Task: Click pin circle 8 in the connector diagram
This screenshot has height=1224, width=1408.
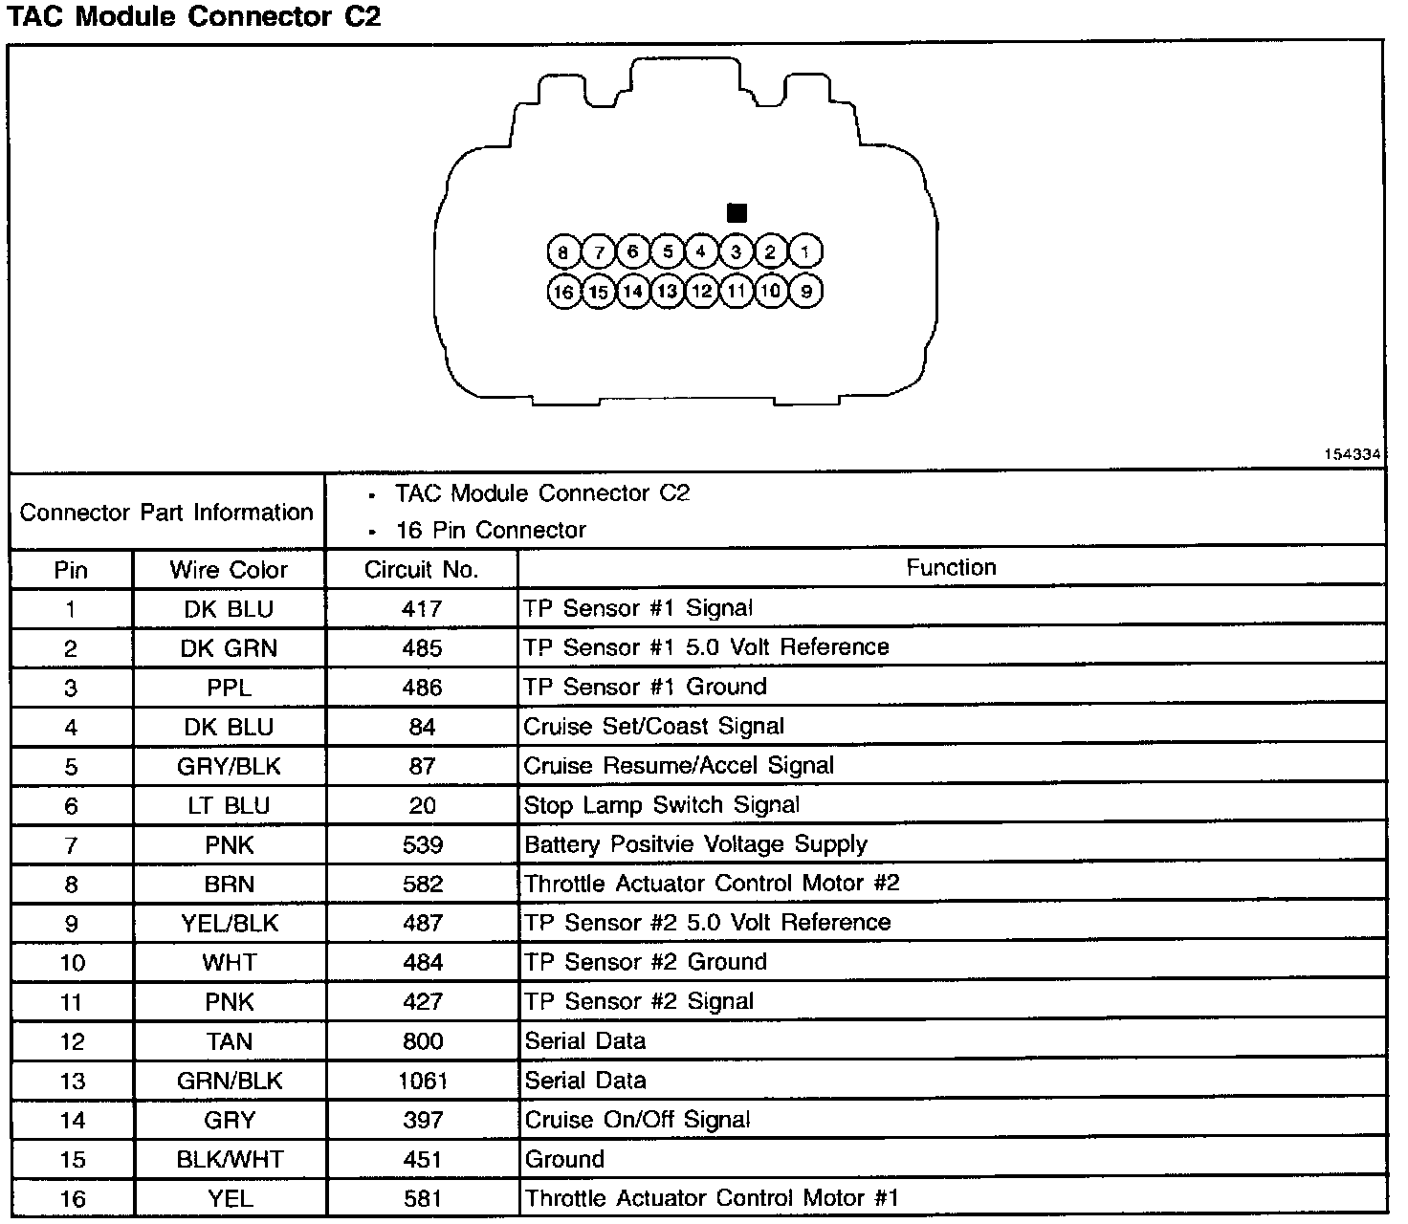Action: [x=563, y=252]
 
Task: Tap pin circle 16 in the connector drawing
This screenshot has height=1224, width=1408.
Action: [x=563, y=292]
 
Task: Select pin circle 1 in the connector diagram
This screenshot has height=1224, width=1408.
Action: [x=805, y=252]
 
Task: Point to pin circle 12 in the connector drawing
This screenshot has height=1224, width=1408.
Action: [x=702, y=292]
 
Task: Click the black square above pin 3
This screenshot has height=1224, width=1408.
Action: [x=737, y=212]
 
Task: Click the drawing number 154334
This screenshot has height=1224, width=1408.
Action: [x=1353, y=455]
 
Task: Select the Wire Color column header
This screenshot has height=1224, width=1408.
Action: [x=229, y=570]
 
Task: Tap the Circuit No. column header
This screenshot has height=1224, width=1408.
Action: [x=421, y=570]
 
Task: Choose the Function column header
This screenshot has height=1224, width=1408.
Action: [x=951, y=567]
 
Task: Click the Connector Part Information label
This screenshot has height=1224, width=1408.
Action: [x=166, y=513]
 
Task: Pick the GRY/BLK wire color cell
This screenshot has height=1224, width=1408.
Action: [x=229, y=766]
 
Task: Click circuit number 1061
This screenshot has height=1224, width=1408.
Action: [x=422, y=1081]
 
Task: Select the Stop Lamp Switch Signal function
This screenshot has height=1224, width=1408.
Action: [x=661, y=805]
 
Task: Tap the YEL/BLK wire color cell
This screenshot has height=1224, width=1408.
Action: [x=229, y=923]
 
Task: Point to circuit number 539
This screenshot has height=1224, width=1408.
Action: [x=422, y=844]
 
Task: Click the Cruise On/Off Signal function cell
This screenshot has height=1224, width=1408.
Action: [x=637, y=1120]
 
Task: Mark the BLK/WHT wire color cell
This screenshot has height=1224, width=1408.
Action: [x=230, y=1159]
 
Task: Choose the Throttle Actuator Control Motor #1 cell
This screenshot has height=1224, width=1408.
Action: [x=712, y=1198]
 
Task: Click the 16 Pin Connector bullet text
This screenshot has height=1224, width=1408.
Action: [x=490, y=530]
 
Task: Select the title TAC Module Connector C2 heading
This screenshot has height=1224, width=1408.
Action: [x=195, y=17]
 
